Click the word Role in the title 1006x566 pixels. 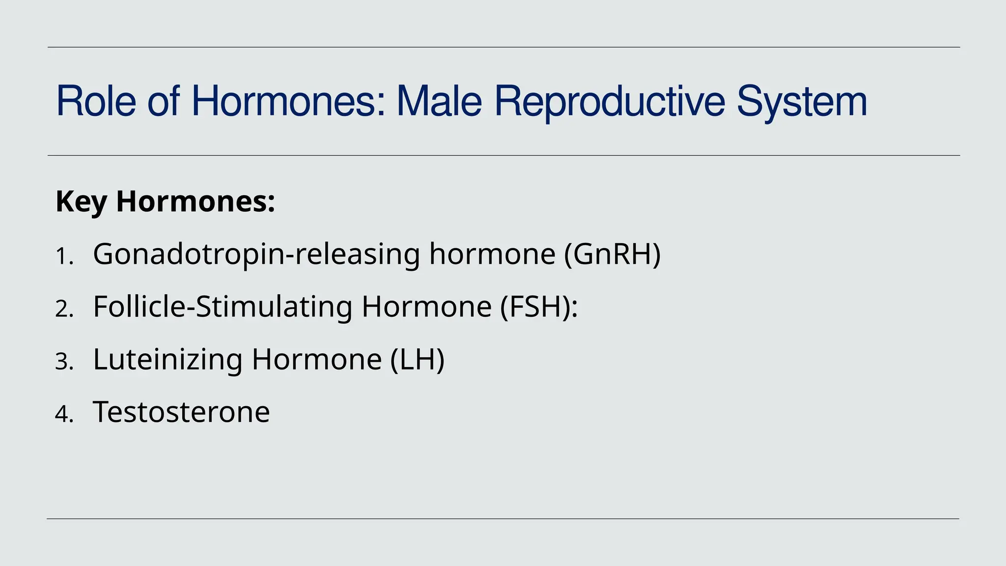[x=96, y=101]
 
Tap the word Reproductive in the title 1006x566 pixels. [x=609, y=101]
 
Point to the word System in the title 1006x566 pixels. [x=802, y=101]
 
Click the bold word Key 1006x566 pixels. [x=81, y=201]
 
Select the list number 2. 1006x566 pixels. [x=62, y=309]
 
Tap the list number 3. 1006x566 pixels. [x=62, y=362]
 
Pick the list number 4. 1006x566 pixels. [x=62, y=414]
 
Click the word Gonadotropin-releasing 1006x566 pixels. [x=256, y=254]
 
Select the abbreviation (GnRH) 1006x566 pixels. [x=612, y=254]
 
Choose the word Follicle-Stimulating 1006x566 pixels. [x=223, y=307]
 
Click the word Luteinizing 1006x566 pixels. [x=168, y=359]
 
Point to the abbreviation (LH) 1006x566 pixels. [x=418, y=359]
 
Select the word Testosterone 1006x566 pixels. [x=181, y=412]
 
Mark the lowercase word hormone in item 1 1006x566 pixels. [x=492, y=254]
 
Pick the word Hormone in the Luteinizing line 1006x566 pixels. [x=317, y=359]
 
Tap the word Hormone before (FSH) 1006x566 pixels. [x=426, y=307]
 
